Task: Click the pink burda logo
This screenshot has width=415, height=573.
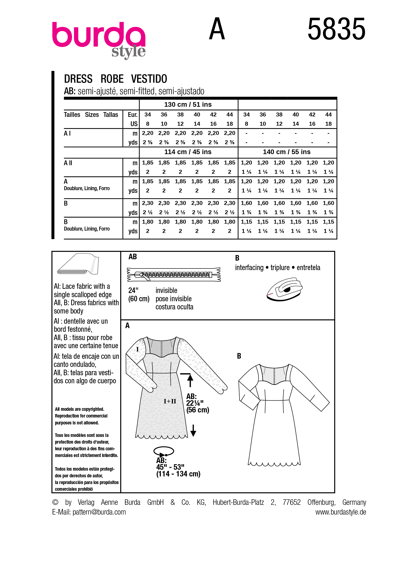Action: click(98, 35)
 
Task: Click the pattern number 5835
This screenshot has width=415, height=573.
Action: click(336, 29)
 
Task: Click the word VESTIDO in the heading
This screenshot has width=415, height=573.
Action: click(149, 79)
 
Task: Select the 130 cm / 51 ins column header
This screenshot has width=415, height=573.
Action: click(188, 105)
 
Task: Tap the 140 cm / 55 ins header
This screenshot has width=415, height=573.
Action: click(287, 152)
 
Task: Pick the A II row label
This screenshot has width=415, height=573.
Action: click(68, 163)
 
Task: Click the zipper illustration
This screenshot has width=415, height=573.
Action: click(174, 275)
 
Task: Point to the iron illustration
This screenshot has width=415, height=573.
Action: click(285, 290)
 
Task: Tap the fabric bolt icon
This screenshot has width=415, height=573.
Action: click(78, 264)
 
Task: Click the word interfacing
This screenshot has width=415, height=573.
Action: click(249, 268)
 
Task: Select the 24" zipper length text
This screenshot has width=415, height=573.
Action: click(133, 290)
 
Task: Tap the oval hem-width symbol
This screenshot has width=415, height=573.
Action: click(164, 451)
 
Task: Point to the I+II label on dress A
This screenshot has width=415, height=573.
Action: click(170, 401)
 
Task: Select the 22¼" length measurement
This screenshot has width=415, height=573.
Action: click(195, 403)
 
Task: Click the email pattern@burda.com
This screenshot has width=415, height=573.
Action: click(99, 512)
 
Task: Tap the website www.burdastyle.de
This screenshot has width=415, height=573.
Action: click(341, 512)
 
